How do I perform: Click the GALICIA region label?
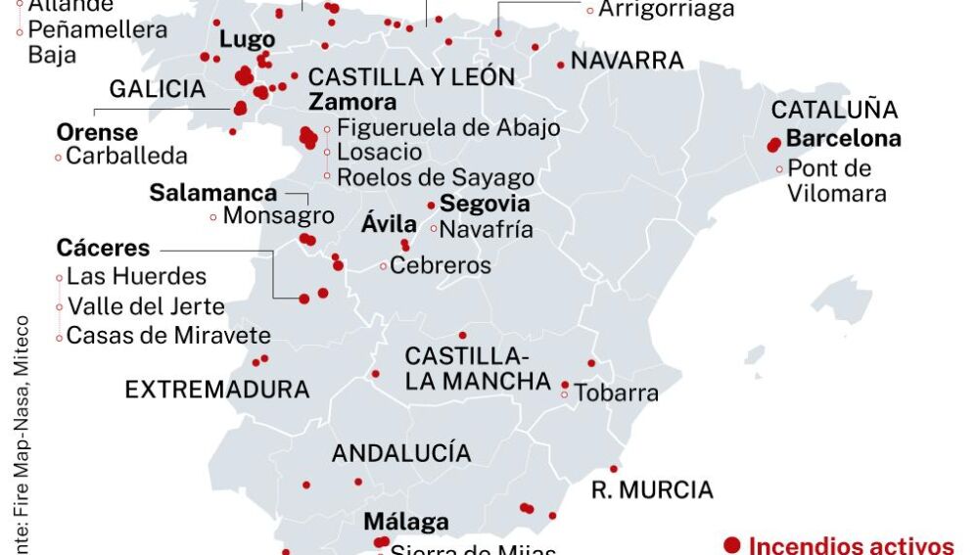coord(158,89)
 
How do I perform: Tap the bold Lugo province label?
coord(248,41)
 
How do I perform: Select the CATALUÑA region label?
coord(835,110)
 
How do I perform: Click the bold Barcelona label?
coord(843,138)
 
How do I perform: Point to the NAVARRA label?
coord(628,61)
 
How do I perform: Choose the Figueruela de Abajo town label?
coord(448,127)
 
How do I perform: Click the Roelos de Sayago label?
coord(436,177)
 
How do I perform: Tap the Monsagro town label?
coord(279,215)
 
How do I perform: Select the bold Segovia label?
coord(485,204)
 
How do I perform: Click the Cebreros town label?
coord(441,264)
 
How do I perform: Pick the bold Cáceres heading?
coord(103,248)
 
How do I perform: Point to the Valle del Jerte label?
coord(146,306)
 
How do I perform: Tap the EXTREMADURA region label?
coord(217,390)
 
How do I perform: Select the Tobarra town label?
coord(616,393)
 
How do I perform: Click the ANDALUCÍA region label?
coord(401,453)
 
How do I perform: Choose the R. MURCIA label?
coord(652,489)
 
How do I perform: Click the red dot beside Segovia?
coord(431,206)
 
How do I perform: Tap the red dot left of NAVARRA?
coord(561,65)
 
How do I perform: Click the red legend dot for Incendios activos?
coord(731,544)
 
